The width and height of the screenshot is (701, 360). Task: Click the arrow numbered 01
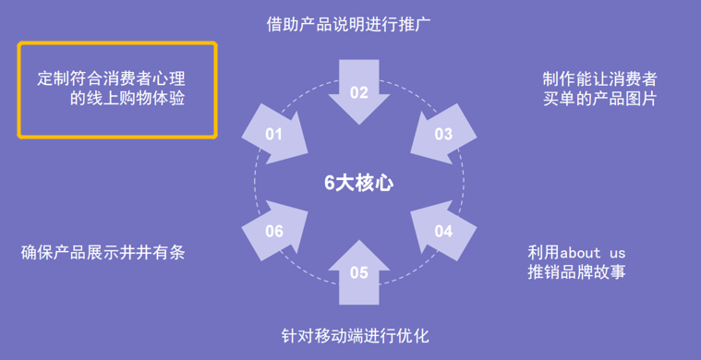277,135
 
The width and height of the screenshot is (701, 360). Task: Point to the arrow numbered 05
358,271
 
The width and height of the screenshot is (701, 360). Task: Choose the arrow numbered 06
277,229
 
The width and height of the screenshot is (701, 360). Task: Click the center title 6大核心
358,183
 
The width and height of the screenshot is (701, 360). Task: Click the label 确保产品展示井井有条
103,252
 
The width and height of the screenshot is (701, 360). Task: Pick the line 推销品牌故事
577,272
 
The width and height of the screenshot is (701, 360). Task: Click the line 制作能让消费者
600,78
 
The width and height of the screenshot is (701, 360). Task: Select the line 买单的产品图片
600,99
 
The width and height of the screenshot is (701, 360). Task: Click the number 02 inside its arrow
358,91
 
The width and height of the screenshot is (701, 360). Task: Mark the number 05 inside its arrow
358,272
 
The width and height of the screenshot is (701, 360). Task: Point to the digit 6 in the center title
329,183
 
